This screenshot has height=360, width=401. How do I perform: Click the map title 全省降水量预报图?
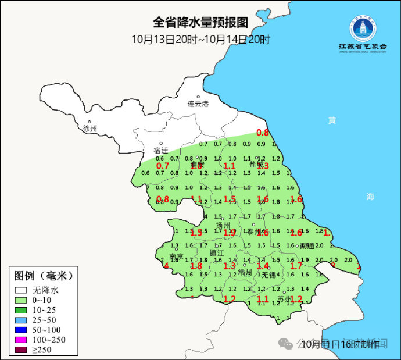coord(201,23)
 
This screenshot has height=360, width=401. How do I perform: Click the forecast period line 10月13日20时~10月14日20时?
coord(201,40)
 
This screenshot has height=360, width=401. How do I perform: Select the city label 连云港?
coord(198,104)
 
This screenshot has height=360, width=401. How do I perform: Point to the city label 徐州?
coord(90,128)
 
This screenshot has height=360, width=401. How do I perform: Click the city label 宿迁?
coord(160,151)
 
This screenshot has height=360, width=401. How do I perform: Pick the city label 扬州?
coord(223,225)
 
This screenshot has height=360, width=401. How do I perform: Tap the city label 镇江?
coord(217,253)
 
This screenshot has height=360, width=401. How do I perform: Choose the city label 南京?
coord(176,256)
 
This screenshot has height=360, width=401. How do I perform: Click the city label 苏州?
coord(285,300)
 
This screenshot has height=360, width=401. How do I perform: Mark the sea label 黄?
coord(332,120)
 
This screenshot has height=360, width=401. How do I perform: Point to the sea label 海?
coord(370,197)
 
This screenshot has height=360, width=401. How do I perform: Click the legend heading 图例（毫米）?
coord(44,275)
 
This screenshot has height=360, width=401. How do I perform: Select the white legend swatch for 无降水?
coord(22,289)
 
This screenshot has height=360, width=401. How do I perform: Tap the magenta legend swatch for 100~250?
coord(22,340)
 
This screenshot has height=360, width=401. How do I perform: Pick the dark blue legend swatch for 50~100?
coord(22,329)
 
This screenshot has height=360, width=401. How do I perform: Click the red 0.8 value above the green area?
coord(263,133)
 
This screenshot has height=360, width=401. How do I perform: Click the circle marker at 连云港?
coord(198,97)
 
